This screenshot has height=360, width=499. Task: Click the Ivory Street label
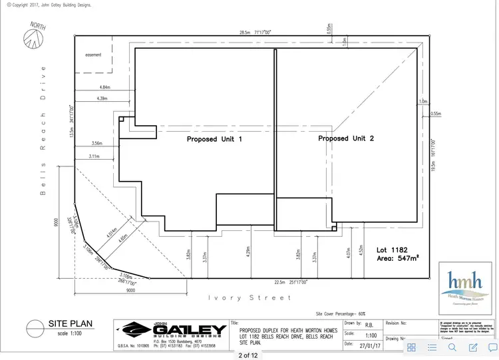pos(249,297)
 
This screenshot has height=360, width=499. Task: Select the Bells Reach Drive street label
pos(43,130)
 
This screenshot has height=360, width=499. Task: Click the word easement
pos(92,55)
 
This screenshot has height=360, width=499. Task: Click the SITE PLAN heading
pos(70,324)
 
